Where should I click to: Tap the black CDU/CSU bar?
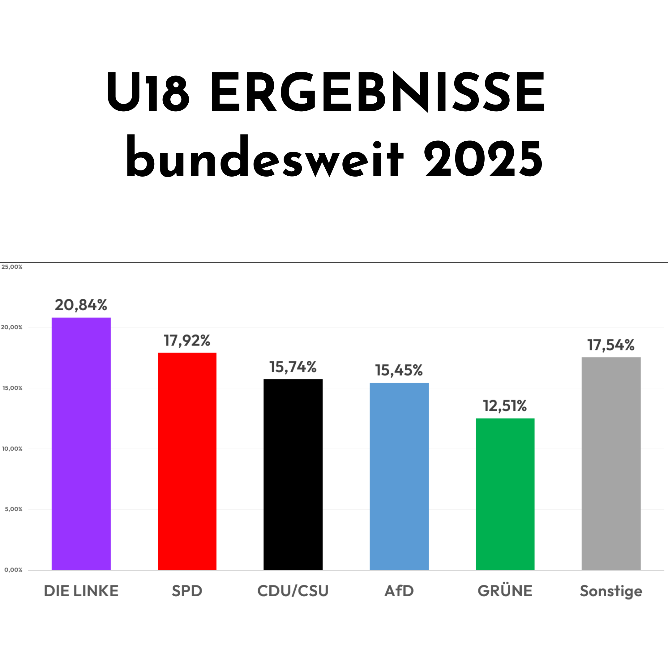click(x=293, y=475)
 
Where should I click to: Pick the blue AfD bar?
click(x=399, y=477)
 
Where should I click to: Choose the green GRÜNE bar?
click(x=505, y=495)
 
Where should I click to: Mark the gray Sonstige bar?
click(x=611, y=464)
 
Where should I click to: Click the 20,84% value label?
click(x=81, y=305)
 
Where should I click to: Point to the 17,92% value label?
click(x=187, y=340)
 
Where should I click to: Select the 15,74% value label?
click(x=293, y=367)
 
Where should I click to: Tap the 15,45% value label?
click(x=399, y=370)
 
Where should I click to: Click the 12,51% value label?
click(x=505, y=406)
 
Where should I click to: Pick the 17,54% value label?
click(x=611, y=345)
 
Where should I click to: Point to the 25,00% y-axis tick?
click(x=12, y=267)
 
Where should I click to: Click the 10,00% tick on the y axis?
click(x=12, y=449)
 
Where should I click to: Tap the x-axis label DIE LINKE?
click(x=81, y=591)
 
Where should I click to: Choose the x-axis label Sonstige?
click(x=611, y=591)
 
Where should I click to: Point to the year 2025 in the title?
click(x=483, y=159)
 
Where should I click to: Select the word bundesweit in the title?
click(x=264, y=157)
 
